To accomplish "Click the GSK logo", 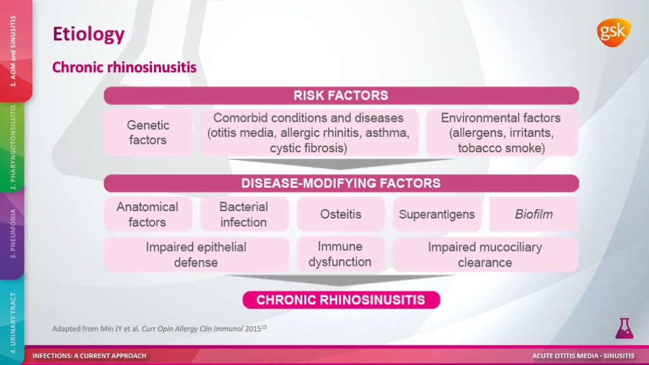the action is tap(614, 33).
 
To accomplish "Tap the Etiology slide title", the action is tap(89, 34).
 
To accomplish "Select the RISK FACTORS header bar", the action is tap(341, 96).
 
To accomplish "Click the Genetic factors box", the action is tap(148, 132).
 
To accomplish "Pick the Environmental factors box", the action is tap(502, 132).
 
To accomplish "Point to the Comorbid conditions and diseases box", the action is tap(309, 132).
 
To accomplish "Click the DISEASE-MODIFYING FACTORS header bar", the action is tap(341, 183).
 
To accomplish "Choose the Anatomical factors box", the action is tap(148, 214).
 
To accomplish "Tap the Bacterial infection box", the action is tap(244, 214).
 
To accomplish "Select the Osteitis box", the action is tap(340, 214).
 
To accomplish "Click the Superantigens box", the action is tap(437, 214).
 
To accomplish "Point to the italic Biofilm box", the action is tap(534, 214).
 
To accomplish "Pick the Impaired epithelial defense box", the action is tap(196, 255).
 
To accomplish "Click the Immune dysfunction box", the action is tap(340, 255).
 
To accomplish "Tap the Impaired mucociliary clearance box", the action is tap(485, 255).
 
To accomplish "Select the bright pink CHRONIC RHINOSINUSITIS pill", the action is tap(341, 300).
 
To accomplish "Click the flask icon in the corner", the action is tap(624, 329).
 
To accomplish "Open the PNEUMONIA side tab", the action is tap(12, 234).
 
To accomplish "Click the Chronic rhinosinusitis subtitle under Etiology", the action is tap(124, 67).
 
